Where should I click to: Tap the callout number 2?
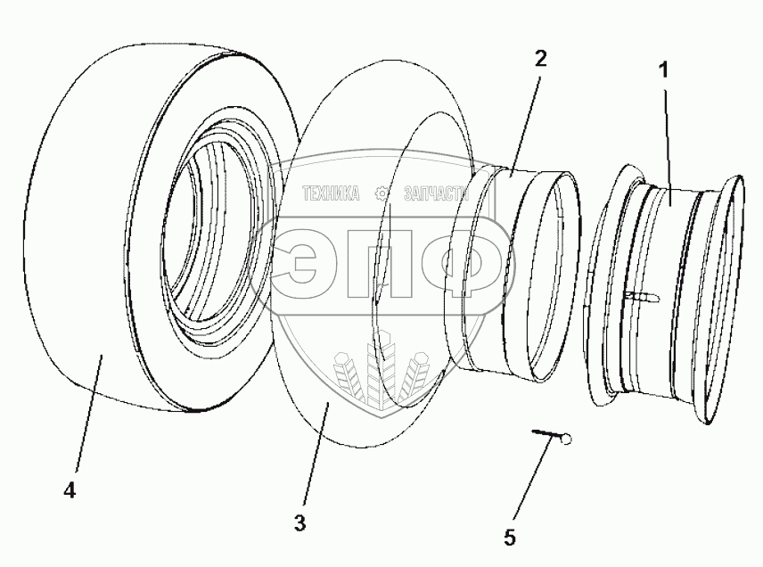coord(540,59)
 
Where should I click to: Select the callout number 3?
coord(299,522)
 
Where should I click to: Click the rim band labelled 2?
coord(490,267)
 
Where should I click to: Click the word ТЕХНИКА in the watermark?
coord(331,193)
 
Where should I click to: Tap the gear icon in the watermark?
coord(381,193)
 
